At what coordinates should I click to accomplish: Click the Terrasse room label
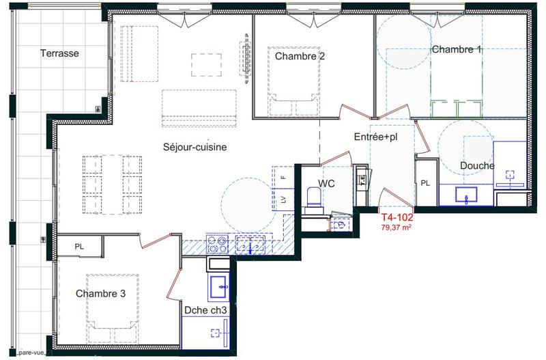[x=61, y=53]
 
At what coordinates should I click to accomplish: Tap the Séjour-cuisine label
[x=195, y=147]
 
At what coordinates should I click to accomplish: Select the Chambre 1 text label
[x=457, y=49]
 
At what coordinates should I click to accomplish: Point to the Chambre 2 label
[x=300, y=56]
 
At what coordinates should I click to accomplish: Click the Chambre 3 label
[x=100, y=294]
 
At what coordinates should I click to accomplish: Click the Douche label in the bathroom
[x=477, y=165]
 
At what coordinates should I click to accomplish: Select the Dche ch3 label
[x=205, y=309]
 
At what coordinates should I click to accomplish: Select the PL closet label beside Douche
[x=425, y=182]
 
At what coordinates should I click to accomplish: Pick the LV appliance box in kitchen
[x=283, y=199]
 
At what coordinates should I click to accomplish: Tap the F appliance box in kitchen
[x=283, y=177]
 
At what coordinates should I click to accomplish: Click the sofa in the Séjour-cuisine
[x=199, y=108]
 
